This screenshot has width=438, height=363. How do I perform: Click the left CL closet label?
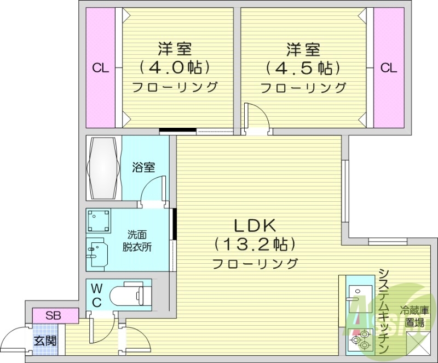(100, 69)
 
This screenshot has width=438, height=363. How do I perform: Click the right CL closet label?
(388, 69)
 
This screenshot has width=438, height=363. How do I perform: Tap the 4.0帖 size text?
(175, 68)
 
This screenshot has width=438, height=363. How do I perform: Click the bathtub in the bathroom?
(103, 169)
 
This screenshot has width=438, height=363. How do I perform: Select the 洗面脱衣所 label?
(137, 240)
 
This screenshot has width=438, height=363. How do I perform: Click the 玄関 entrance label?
(45, 340)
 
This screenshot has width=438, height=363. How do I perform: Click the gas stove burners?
(358, 342)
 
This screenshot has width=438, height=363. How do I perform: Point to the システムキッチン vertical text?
(383, 310)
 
